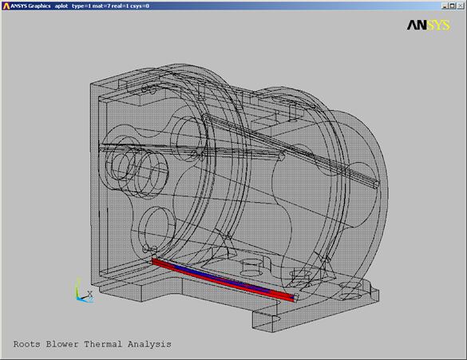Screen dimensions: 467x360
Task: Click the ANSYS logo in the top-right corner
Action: (x=428, y=26)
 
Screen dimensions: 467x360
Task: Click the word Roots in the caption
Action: (x=27, y=344)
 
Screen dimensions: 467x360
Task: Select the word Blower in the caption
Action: (x=62, y=344)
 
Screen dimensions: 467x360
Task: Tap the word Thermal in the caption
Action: (x=103, y=344)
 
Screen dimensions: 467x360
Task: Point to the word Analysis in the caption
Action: (x=149, y=345)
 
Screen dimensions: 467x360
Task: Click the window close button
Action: (x=461, y=6)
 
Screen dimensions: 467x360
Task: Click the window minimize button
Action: (x=445, y=6)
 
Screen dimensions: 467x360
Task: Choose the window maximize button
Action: (x=452, y=6)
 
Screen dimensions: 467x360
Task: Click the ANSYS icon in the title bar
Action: (x=6, y=6)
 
